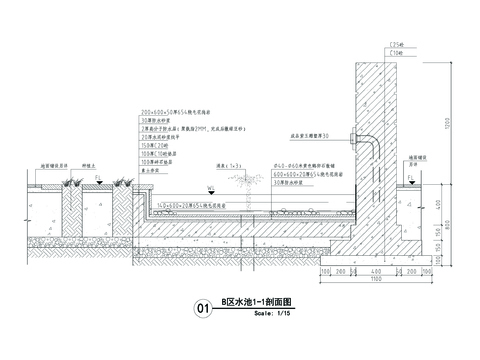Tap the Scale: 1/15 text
coord(270,313)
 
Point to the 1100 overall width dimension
coord(376,278)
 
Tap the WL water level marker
coord(209,186)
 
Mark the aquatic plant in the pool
coord(242,189)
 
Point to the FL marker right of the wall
coord(410,176)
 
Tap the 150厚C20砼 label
coord(155,147)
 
